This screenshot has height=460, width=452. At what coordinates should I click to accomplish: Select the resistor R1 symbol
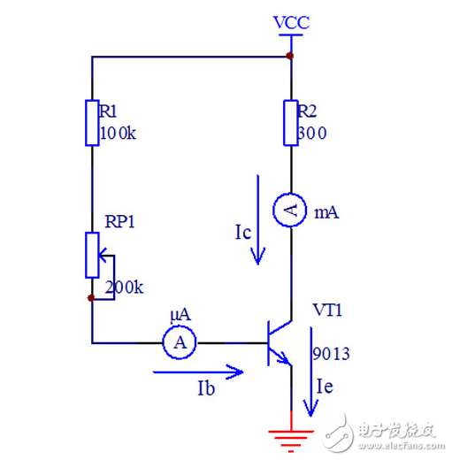pos(92,123)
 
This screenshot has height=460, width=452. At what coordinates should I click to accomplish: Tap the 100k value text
pos(119,133)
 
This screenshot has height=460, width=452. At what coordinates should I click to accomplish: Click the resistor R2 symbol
pos(290,123)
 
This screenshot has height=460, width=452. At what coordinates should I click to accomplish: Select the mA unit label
pos(326,213)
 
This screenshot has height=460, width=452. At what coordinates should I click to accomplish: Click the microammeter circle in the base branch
pos(181,341)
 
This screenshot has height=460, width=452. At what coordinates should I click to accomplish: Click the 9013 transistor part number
pos(331,355)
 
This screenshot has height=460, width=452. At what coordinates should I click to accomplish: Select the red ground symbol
pos(290,435)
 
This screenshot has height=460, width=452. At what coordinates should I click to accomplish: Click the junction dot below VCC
pos(290,57)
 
